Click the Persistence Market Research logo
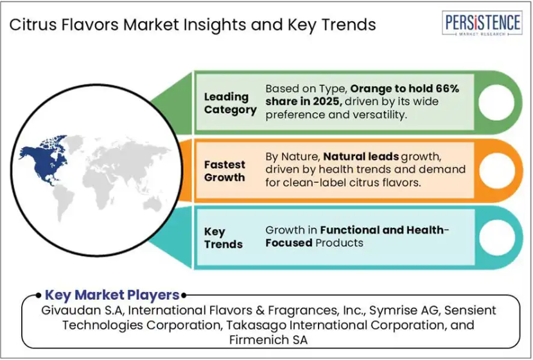(x=482, y=22)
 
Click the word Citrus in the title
(x=33, y=25)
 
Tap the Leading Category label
(x=230, y=103)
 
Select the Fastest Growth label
(x=224, y=171)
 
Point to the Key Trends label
(x=223, y=237)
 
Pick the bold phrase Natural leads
(x=361, y=157)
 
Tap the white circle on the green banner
(x=496, y=102)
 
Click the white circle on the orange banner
(x=496, y=171)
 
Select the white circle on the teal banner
(x=497, y=237)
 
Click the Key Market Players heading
(x=112, y=295)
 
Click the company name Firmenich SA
(x=268, y=339)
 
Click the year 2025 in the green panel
(x=326, y=101)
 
